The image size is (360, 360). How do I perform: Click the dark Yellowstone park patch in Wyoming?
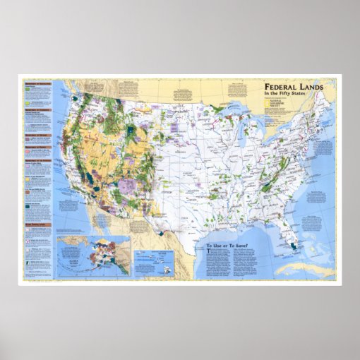(x=133, y=131)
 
